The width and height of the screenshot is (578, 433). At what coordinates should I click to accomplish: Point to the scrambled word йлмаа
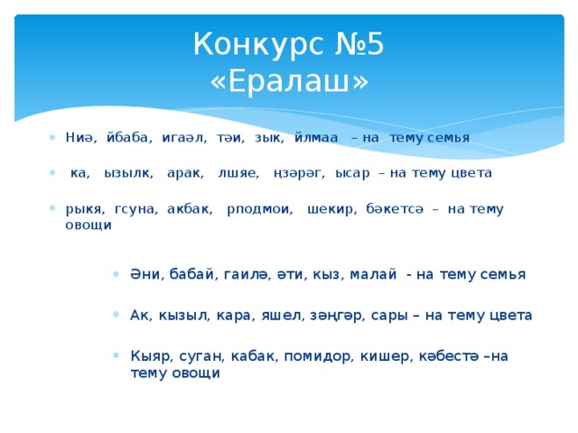click(315, 137)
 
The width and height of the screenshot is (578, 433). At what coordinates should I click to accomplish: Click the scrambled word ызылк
click(128, 171)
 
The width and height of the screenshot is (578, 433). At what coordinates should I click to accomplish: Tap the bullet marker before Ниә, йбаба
click(52, 138)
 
